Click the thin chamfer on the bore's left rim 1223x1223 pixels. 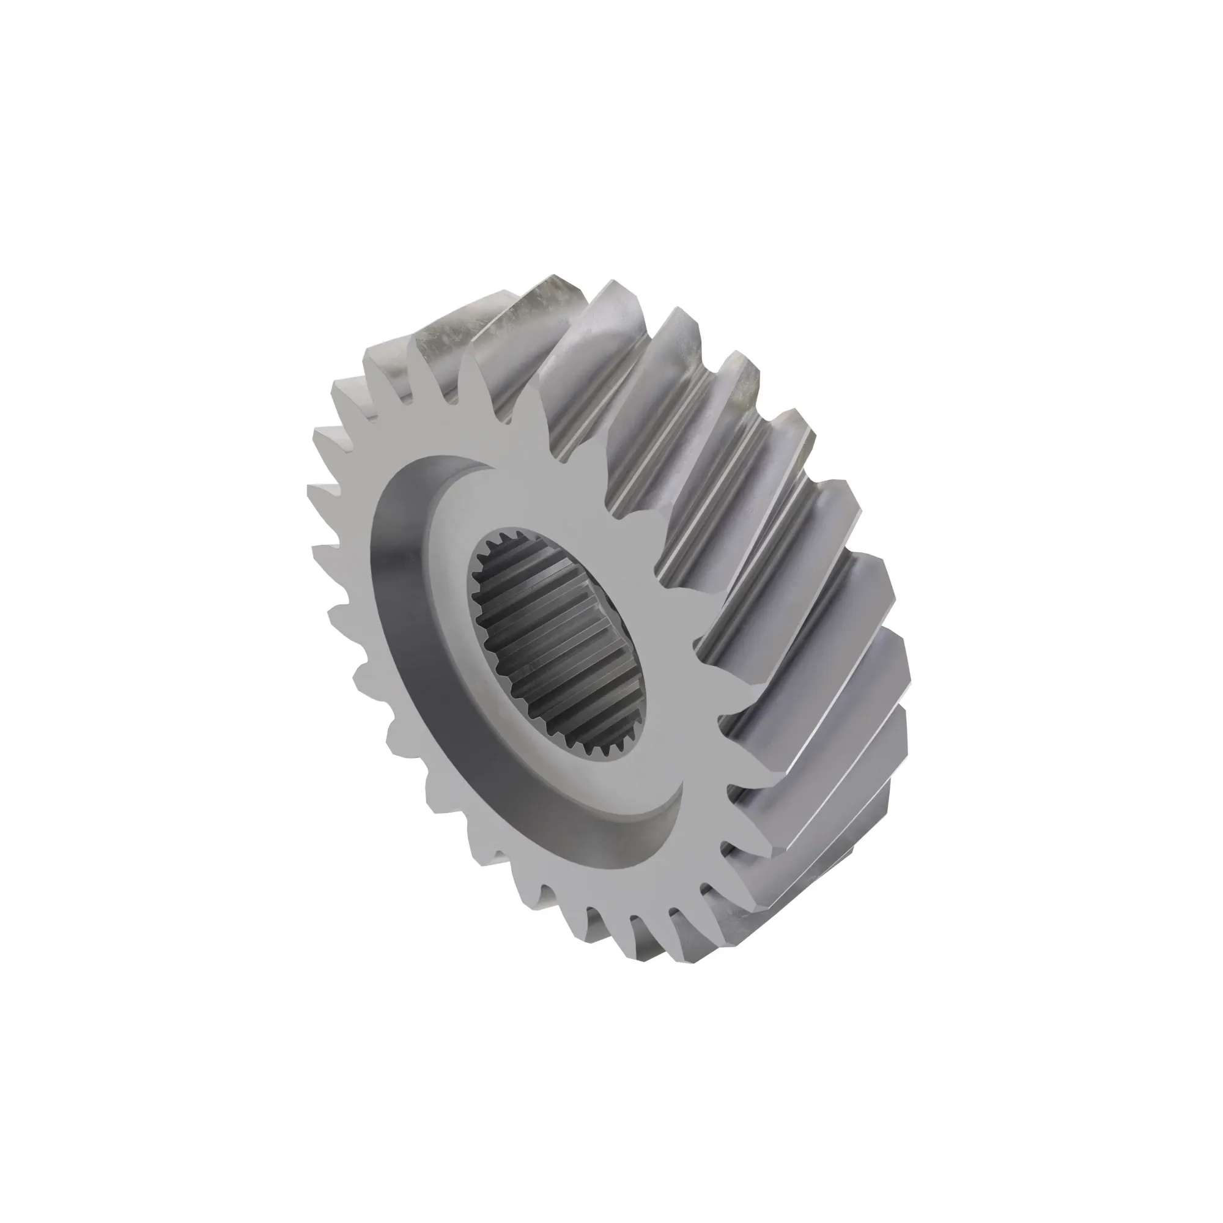pos(473,608)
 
